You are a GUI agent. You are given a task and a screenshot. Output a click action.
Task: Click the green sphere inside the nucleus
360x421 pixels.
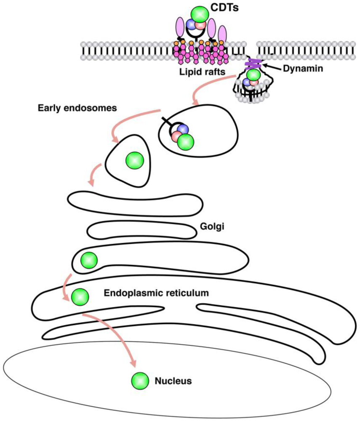click(x=140, y=381)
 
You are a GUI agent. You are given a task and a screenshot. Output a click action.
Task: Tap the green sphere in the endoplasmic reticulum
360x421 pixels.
click(x=80, y=297)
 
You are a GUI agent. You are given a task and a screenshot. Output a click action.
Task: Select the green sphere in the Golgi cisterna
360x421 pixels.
click(x=89, y=260)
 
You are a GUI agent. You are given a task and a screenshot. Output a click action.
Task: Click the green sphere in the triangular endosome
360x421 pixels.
click(x=134, y=160)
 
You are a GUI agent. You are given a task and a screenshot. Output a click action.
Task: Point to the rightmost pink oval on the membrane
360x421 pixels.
click(x=222, y=34)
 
